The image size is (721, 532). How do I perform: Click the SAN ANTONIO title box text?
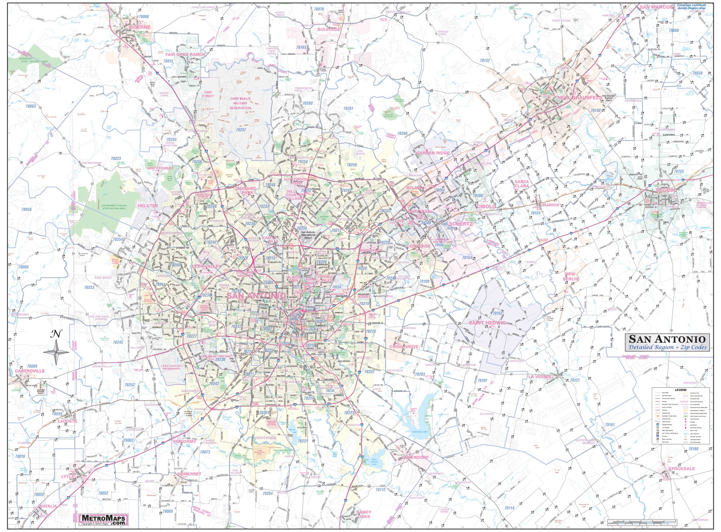click(667, 339)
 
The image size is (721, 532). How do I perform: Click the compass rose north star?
click(56, 352)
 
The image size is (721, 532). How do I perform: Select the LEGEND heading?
click(681, 390)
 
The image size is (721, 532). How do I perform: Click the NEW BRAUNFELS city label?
click(579, 98)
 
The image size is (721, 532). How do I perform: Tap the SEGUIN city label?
click(665, 190)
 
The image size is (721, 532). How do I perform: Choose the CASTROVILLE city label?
click(30, 371)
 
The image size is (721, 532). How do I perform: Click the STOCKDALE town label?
click(681, 469)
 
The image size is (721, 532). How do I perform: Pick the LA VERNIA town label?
click(540, 377)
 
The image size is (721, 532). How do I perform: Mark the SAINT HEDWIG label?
click(487, 322)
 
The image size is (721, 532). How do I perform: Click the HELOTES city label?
click(147, 206)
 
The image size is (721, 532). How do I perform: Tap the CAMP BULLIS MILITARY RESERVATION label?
click(240, 103)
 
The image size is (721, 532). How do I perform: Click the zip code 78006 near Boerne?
click(144, 17)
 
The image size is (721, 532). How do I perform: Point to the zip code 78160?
click(693, 449)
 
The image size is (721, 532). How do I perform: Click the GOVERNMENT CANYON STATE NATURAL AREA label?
click(114, 207)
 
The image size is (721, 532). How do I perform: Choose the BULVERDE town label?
click(328, 30)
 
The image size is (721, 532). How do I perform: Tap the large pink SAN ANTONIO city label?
click(256, 295)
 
